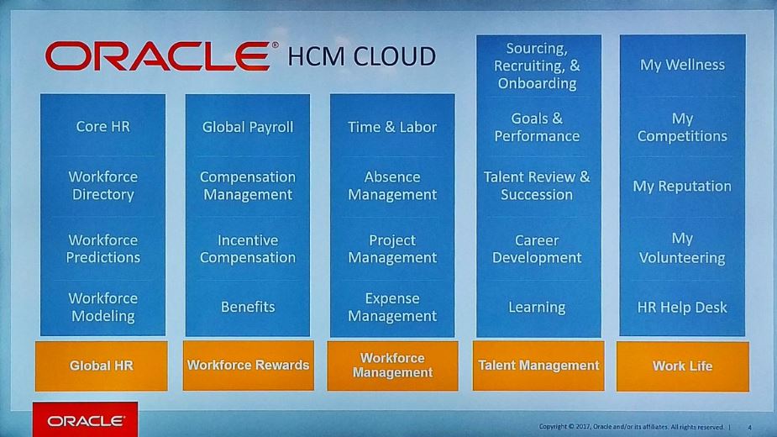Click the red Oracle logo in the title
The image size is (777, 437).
point(159,56)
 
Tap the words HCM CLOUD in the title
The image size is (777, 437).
point(362,56)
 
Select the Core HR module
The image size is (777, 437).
point(103,127)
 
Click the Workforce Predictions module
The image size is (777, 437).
point(103,249)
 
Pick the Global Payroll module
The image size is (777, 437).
point(248,127)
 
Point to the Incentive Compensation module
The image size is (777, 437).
point(248,249)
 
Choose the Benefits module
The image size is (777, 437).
point(248,307)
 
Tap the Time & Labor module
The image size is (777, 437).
point(392,127)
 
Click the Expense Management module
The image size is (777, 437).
point(392,307)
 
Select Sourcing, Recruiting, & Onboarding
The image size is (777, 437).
point(537,66)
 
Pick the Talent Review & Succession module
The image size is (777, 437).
point(537,186)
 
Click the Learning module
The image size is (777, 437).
point(537,307)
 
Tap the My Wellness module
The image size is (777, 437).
point(682,65)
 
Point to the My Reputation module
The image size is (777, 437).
point(682,186)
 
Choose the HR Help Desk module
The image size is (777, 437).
point(682,307)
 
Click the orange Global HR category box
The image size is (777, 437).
point(102,366)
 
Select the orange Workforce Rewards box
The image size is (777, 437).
point(249,366)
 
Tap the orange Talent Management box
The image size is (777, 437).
point(538,366)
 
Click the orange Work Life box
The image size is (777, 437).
point(683,366)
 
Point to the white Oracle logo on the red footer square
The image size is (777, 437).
point(86,421)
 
